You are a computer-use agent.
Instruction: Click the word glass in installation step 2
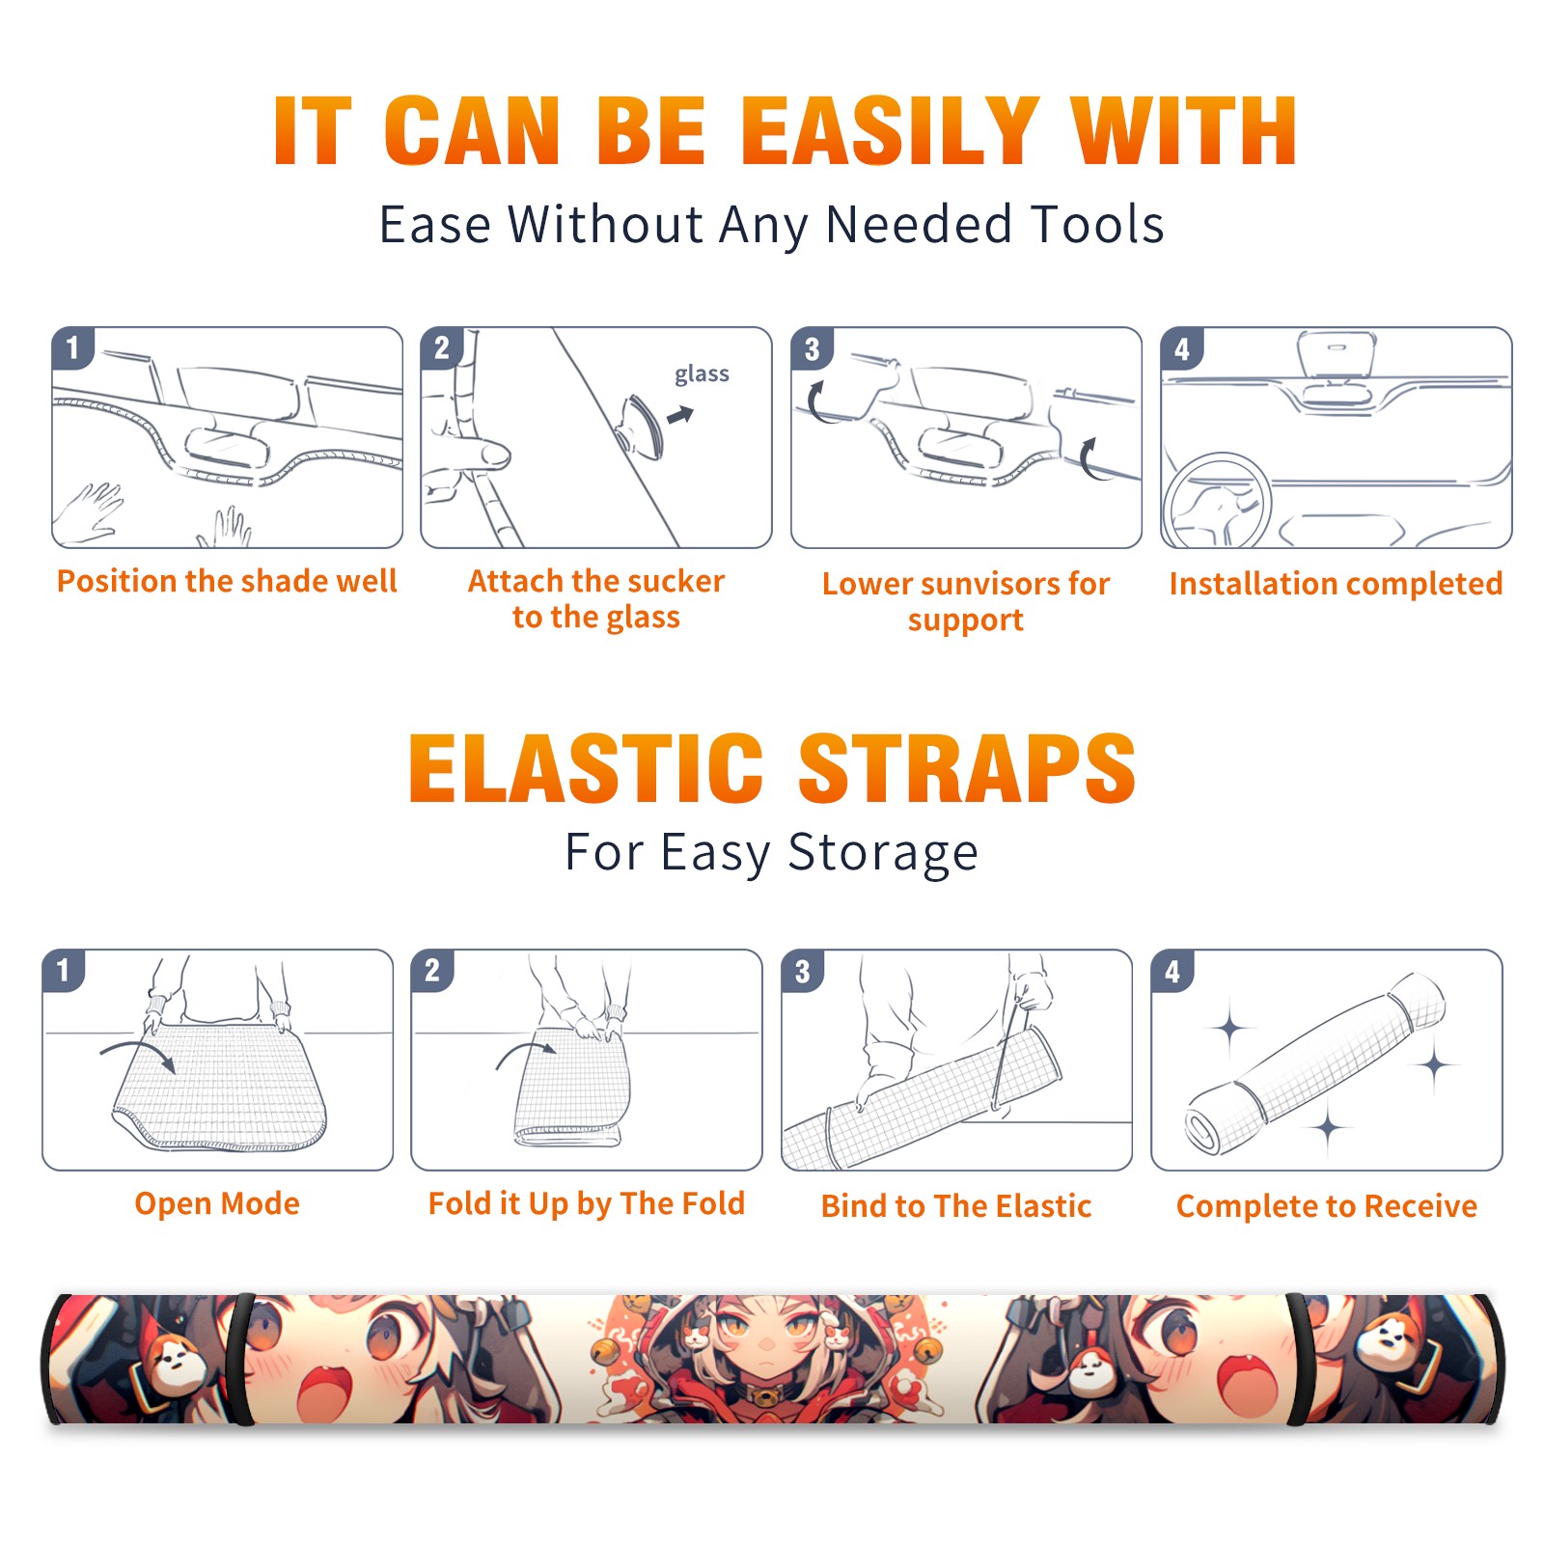pyautogui.click(x=702, y=374)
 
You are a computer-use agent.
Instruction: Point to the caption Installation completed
pyautogui.click(x=1336, y=583)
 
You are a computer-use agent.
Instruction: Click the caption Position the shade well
pyautogui.click(x=227, y=581)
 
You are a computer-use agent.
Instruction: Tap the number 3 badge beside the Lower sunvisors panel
pyautogui.click(x=812, y=349)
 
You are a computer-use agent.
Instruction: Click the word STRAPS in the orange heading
pyautogui.click(x=967, y=768)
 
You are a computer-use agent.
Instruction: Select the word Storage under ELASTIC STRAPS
pyautogui.click(x=883, y=853)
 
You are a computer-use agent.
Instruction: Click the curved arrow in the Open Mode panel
pyautogui.click(x=138, y=1053)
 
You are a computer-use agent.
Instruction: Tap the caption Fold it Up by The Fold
pyautogui.click(x=587, y=1203)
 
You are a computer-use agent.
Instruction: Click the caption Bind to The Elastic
pyautogui.click(x=956, y=1205)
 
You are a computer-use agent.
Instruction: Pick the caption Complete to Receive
pyautogui.click(x=1327, y=1205)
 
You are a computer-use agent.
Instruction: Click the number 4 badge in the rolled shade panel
pyautogui.click(x=1172, y=971)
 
